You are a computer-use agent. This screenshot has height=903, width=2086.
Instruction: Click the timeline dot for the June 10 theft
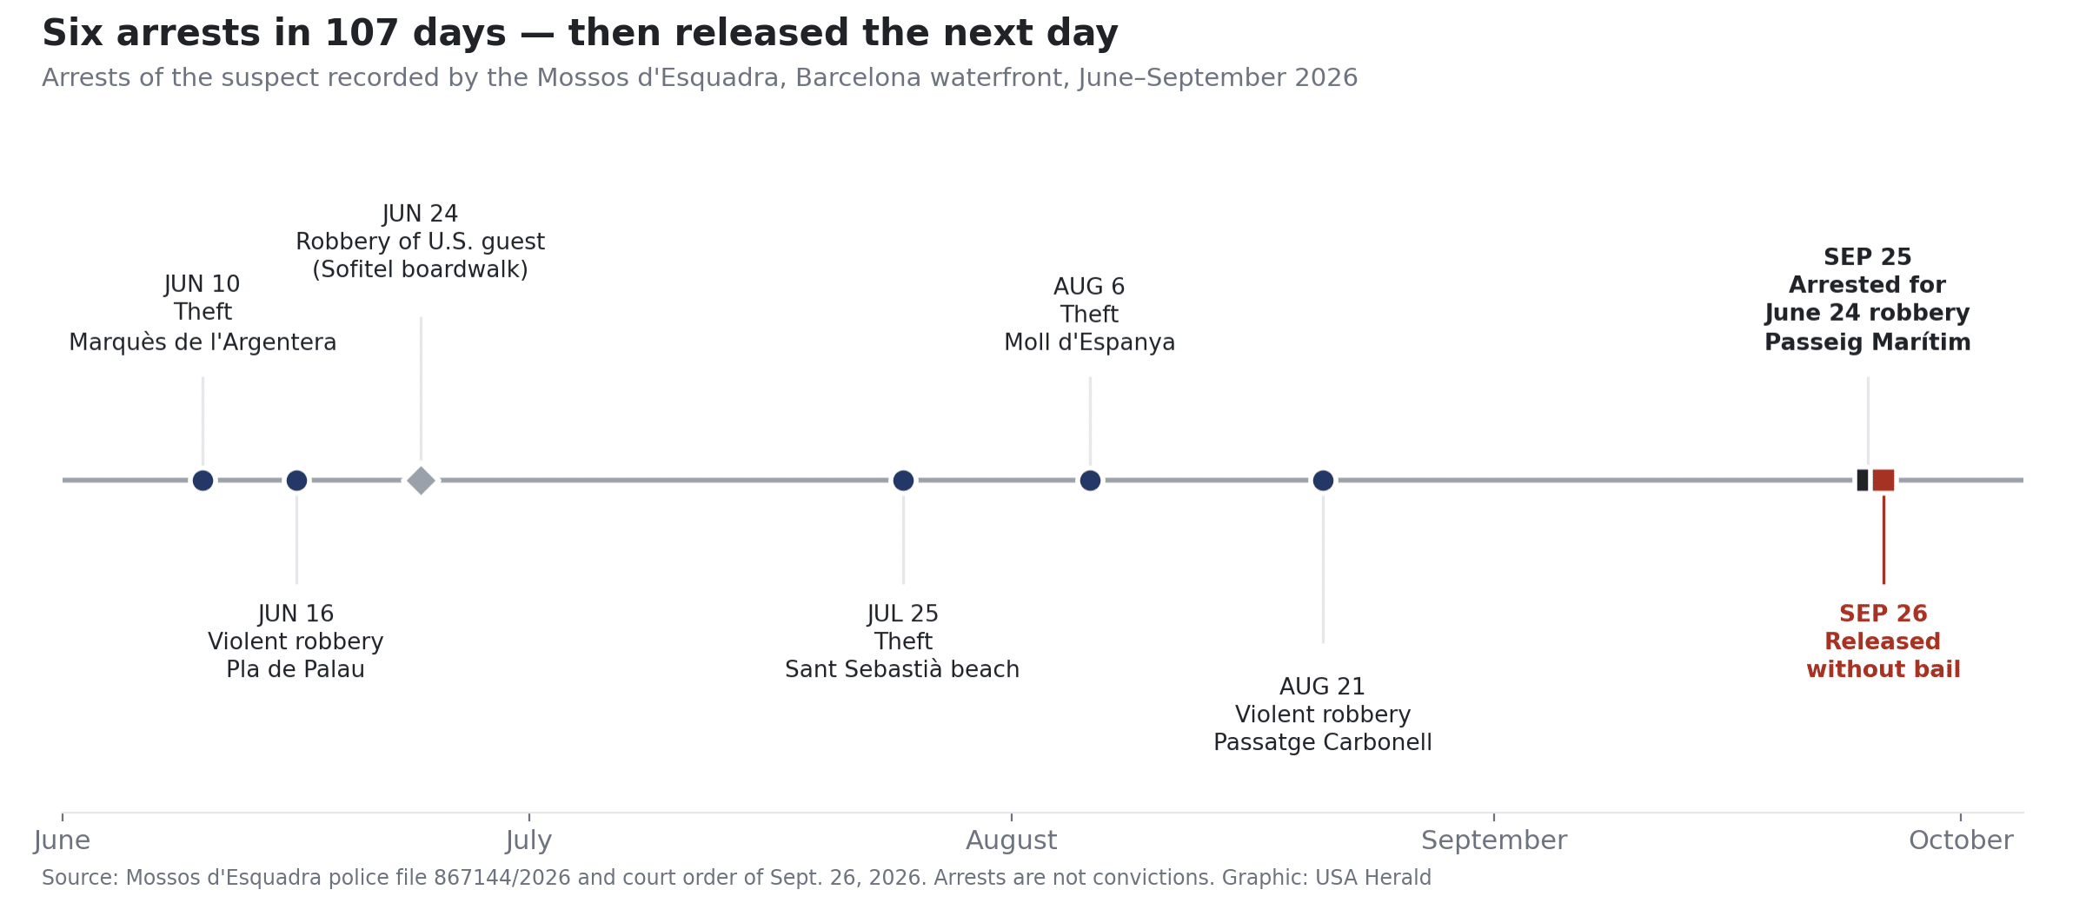point(203,480)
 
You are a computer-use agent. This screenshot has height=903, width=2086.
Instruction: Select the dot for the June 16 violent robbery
point(296,480)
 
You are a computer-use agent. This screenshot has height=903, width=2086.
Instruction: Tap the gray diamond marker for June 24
point(421,480)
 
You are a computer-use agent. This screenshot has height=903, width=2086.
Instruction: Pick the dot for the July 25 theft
point(903,480)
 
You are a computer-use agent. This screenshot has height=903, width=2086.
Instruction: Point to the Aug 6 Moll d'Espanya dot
point(1090,480)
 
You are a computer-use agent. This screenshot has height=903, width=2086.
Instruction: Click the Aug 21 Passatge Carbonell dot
point(1323,480)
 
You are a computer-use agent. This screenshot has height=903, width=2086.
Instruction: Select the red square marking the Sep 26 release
point(1883,480)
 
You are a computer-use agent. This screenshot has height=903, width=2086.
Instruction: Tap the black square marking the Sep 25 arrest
point(1863,480)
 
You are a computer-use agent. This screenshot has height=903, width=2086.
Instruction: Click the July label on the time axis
point(528,840)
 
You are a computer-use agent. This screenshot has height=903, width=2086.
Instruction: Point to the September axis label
point(1494,840)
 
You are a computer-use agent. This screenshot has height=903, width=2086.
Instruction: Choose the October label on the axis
point(1961,840)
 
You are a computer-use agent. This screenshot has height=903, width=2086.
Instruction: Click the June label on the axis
point(62,840)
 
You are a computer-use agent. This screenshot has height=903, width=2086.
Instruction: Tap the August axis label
point(1012,840)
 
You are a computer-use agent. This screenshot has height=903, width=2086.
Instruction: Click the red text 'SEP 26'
point(1883,614)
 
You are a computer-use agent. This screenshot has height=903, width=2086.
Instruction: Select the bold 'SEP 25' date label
point(1868,257)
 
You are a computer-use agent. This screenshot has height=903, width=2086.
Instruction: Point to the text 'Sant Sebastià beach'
point(902,669)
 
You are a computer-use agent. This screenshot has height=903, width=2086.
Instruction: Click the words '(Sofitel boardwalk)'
point(421,269)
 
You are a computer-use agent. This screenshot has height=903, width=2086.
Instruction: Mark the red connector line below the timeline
point(1883,540)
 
